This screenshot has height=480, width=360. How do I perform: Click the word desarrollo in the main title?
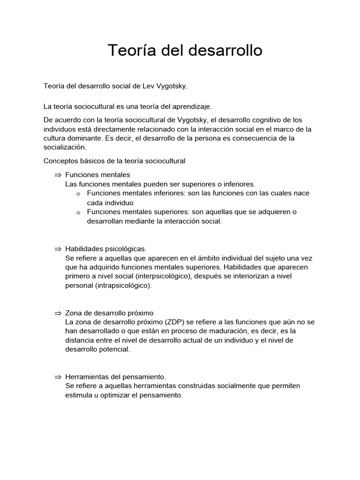[x=225, y=50]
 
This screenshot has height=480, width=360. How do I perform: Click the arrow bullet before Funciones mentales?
[x=58, y=175]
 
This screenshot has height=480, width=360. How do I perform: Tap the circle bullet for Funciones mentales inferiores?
[x=78, y=194]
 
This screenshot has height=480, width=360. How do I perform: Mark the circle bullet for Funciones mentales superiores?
[x=78, y=212]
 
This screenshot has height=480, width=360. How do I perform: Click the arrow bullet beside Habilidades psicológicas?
[x=58, y=248]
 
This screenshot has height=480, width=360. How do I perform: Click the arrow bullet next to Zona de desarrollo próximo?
[x=58, y=313]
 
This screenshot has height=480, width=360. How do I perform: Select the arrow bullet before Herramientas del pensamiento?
[x=58, y=377]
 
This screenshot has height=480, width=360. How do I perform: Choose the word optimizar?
[x=118, y=395]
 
